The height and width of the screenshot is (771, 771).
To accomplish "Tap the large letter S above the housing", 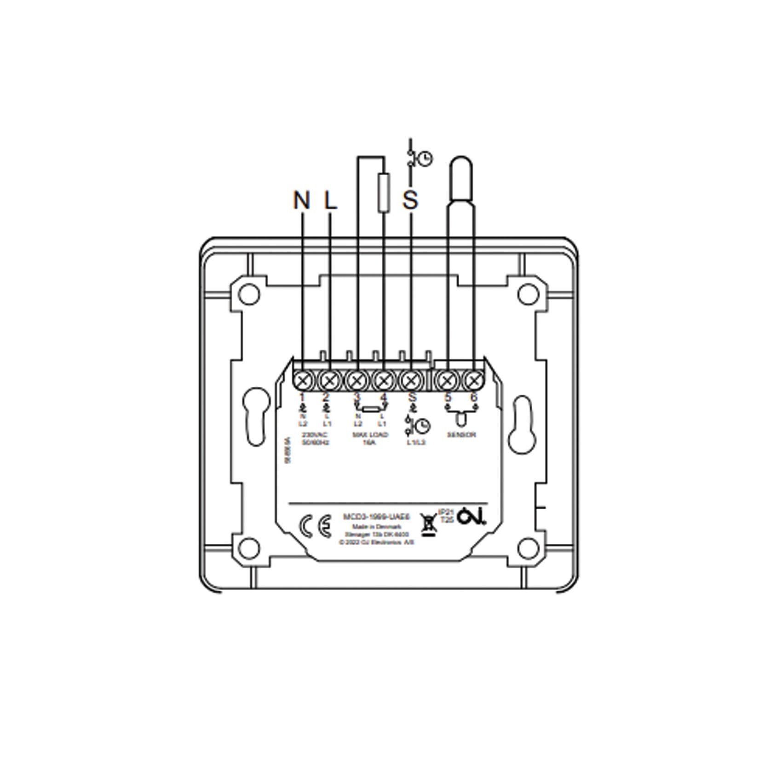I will (410, 200).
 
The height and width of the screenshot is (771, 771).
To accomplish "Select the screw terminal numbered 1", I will (303, 380).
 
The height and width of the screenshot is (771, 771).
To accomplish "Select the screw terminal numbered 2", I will (329, 380).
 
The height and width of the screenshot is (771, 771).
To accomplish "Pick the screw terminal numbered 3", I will (356, 380).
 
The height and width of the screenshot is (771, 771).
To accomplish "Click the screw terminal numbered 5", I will (446, 380).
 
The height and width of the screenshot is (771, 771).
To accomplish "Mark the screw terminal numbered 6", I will (472, 380).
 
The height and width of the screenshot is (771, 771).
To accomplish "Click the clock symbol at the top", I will (426, 159).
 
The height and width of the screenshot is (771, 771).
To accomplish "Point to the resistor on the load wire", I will (384, 193).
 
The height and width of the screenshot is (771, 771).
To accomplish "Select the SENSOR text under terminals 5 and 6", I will (461, 435).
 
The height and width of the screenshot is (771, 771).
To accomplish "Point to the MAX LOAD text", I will (370, 435).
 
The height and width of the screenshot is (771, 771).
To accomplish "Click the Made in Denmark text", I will (376, 527).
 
